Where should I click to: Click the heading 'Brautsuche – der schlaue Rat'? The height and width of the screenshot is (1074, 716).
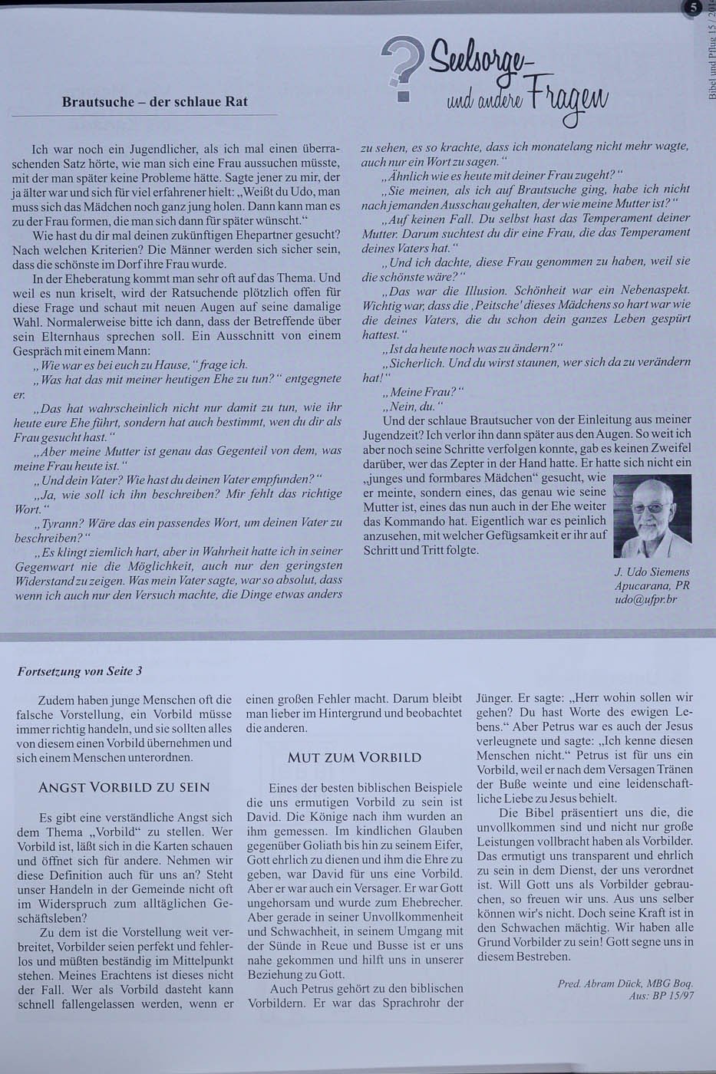pos(154,101)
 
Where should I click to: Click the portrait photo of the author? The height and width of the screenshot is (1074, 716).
pos(652,516)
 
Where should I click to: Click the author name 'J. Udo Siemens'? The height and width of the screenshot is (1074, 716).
pos(652,572)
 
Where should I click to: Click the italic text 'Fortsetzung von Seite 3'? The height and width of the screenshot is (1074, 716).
pos(80,670)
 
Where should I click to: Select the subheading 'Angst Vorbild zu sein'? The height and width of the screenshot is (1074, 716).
pos(124,787)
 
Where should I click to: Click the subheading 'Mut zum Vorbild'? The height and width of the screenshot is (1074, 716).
pos(354,757)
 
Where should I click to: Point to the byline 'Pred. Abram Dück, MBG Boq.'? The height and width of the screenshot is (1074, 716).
pos(625,983)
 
